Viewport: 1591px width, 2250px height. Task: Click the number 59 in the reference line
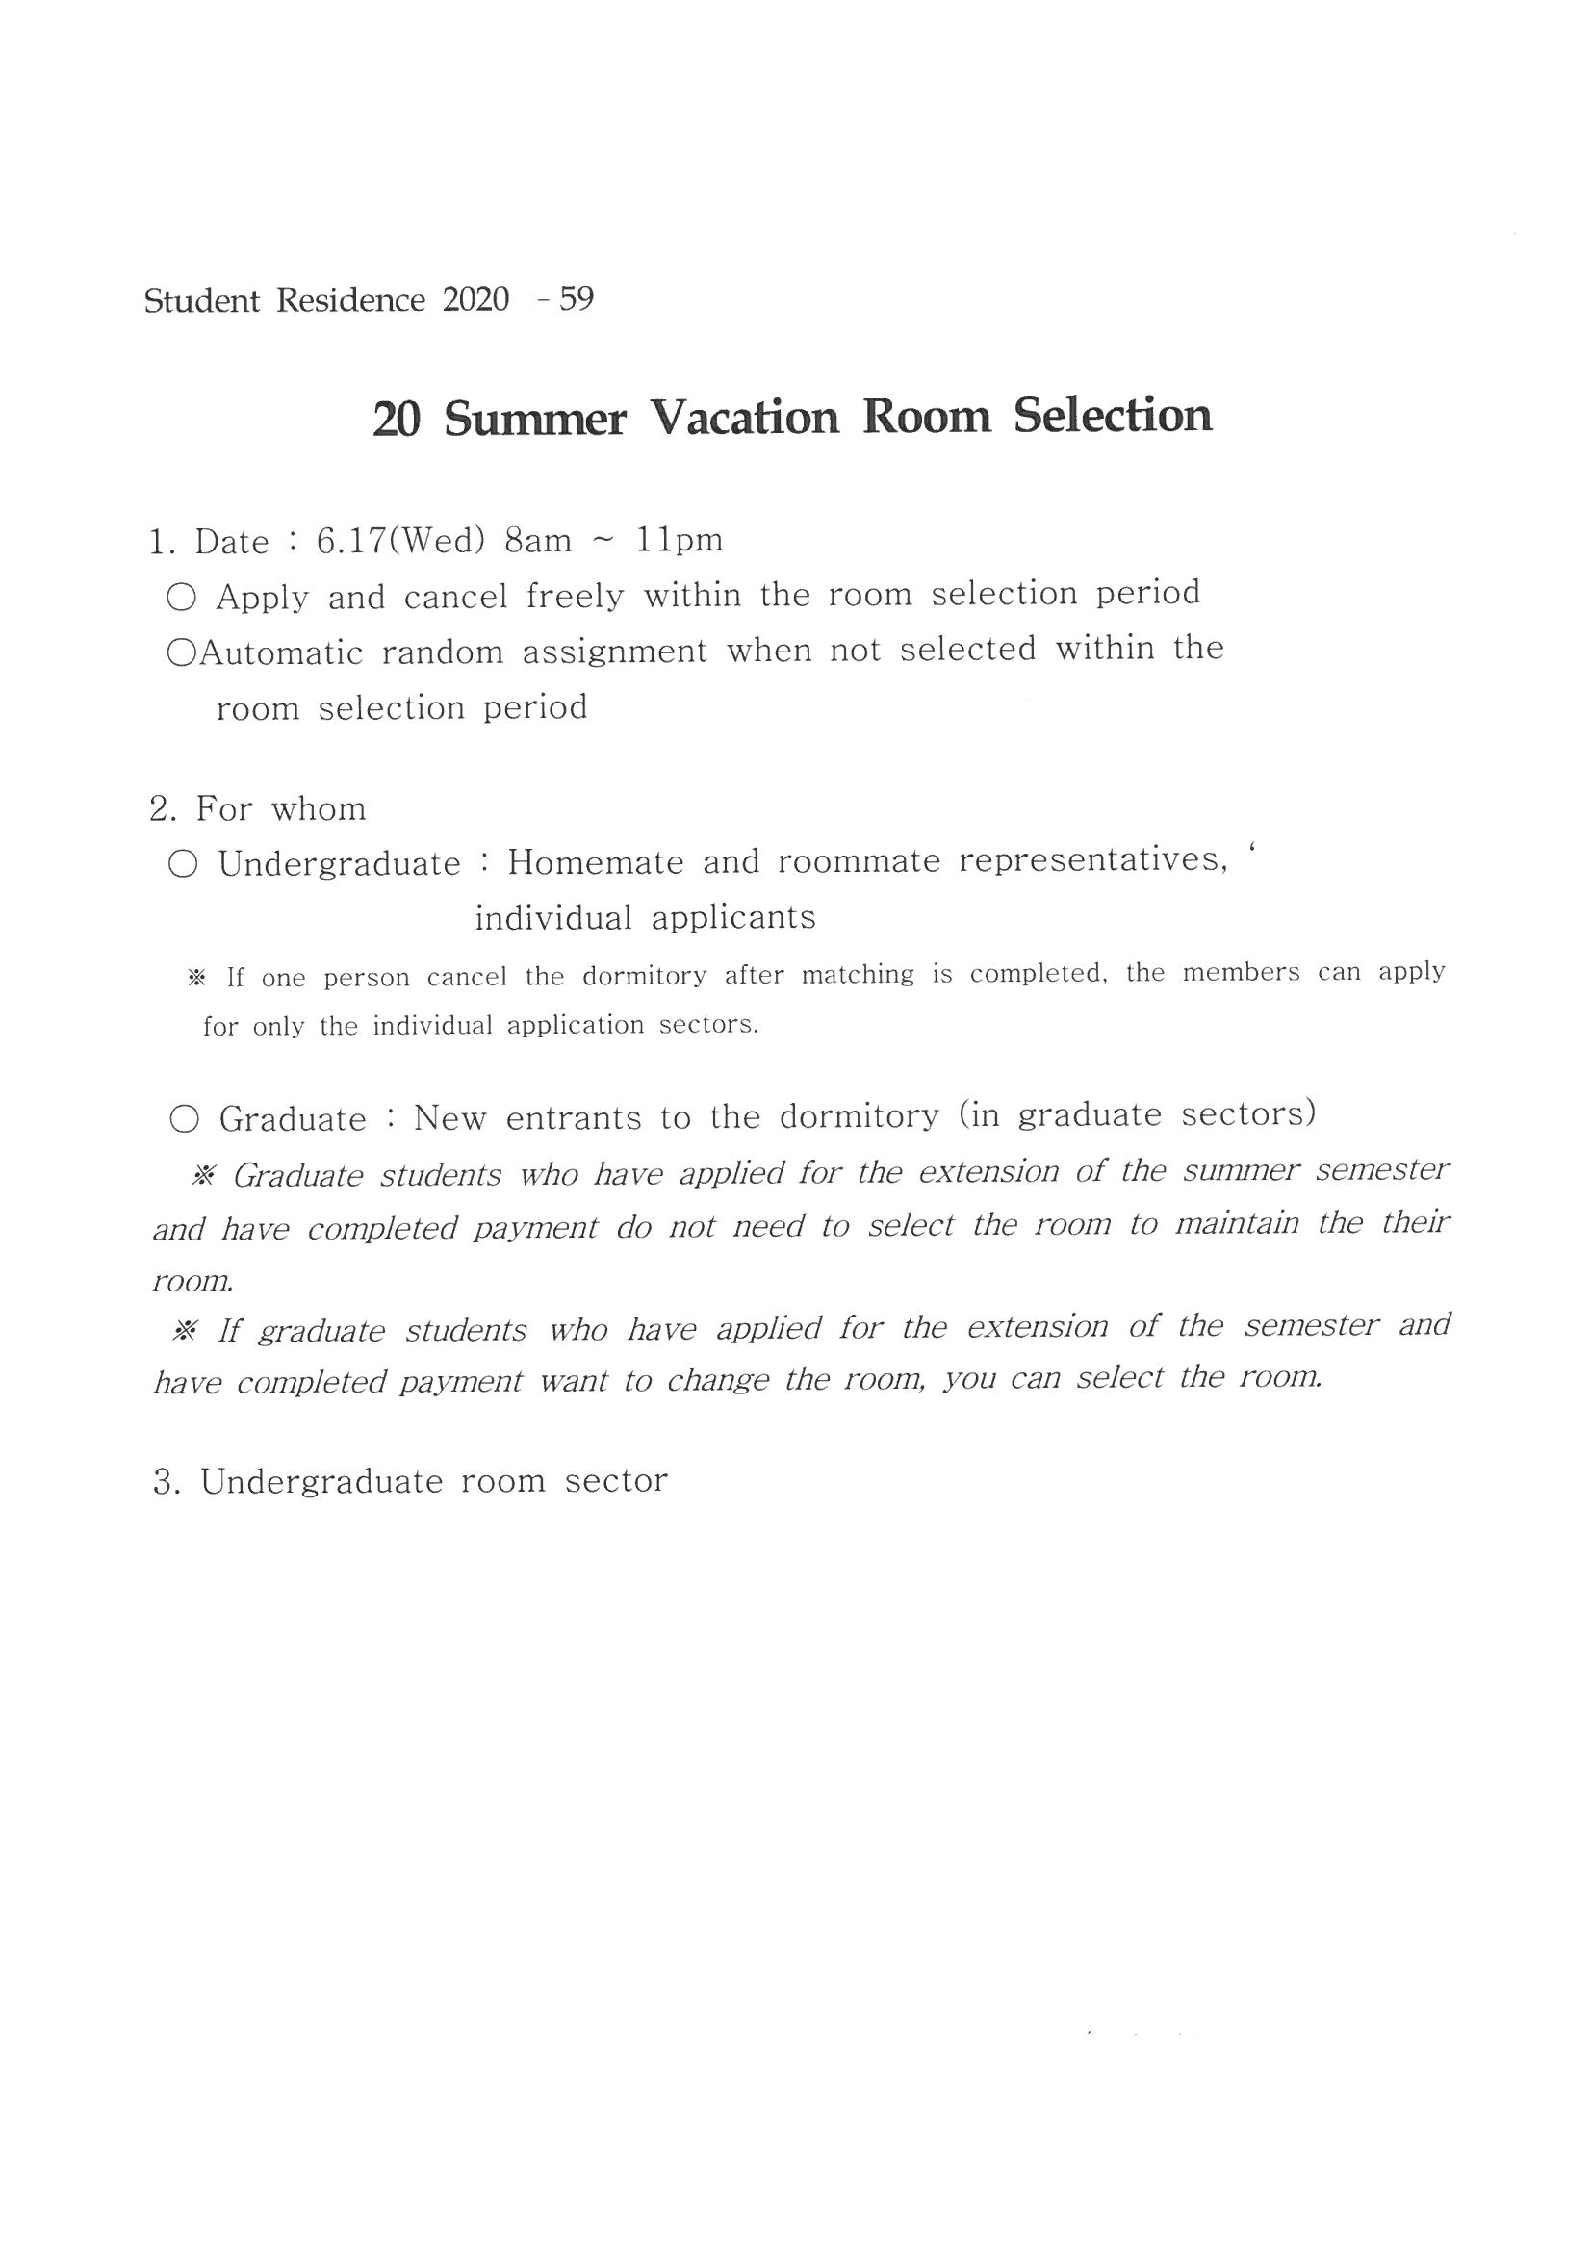point(576,299)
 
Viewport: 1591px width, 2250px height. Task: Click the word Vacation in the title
point(745,418)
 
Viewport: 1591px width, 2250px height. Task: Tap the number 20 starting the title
point(397,420)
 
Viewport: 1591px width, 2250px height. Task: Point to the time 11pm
point(680,540)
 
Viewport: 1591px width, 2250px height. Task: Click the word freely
point(575,596)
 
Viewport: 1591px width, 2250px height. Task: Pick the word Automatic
point(280,652)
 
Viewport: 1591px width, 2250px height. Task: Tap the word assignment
point(615,651)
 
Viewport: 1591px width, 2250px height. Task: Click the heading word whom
point(318,809)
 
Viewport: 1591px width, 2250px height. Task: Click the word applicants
point(733,918)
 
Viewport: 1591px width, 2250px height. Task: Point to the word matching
point(857,975)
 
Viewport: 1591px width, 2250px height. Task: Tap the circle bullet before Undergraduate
point(182,864)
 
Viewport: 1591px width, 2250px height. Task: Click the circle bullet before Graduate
point(184,1119)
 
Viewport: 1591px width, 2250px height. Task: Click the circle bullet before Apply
point(181,597)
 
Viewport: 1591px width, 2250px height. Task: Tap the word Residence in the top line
point(351,300)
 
